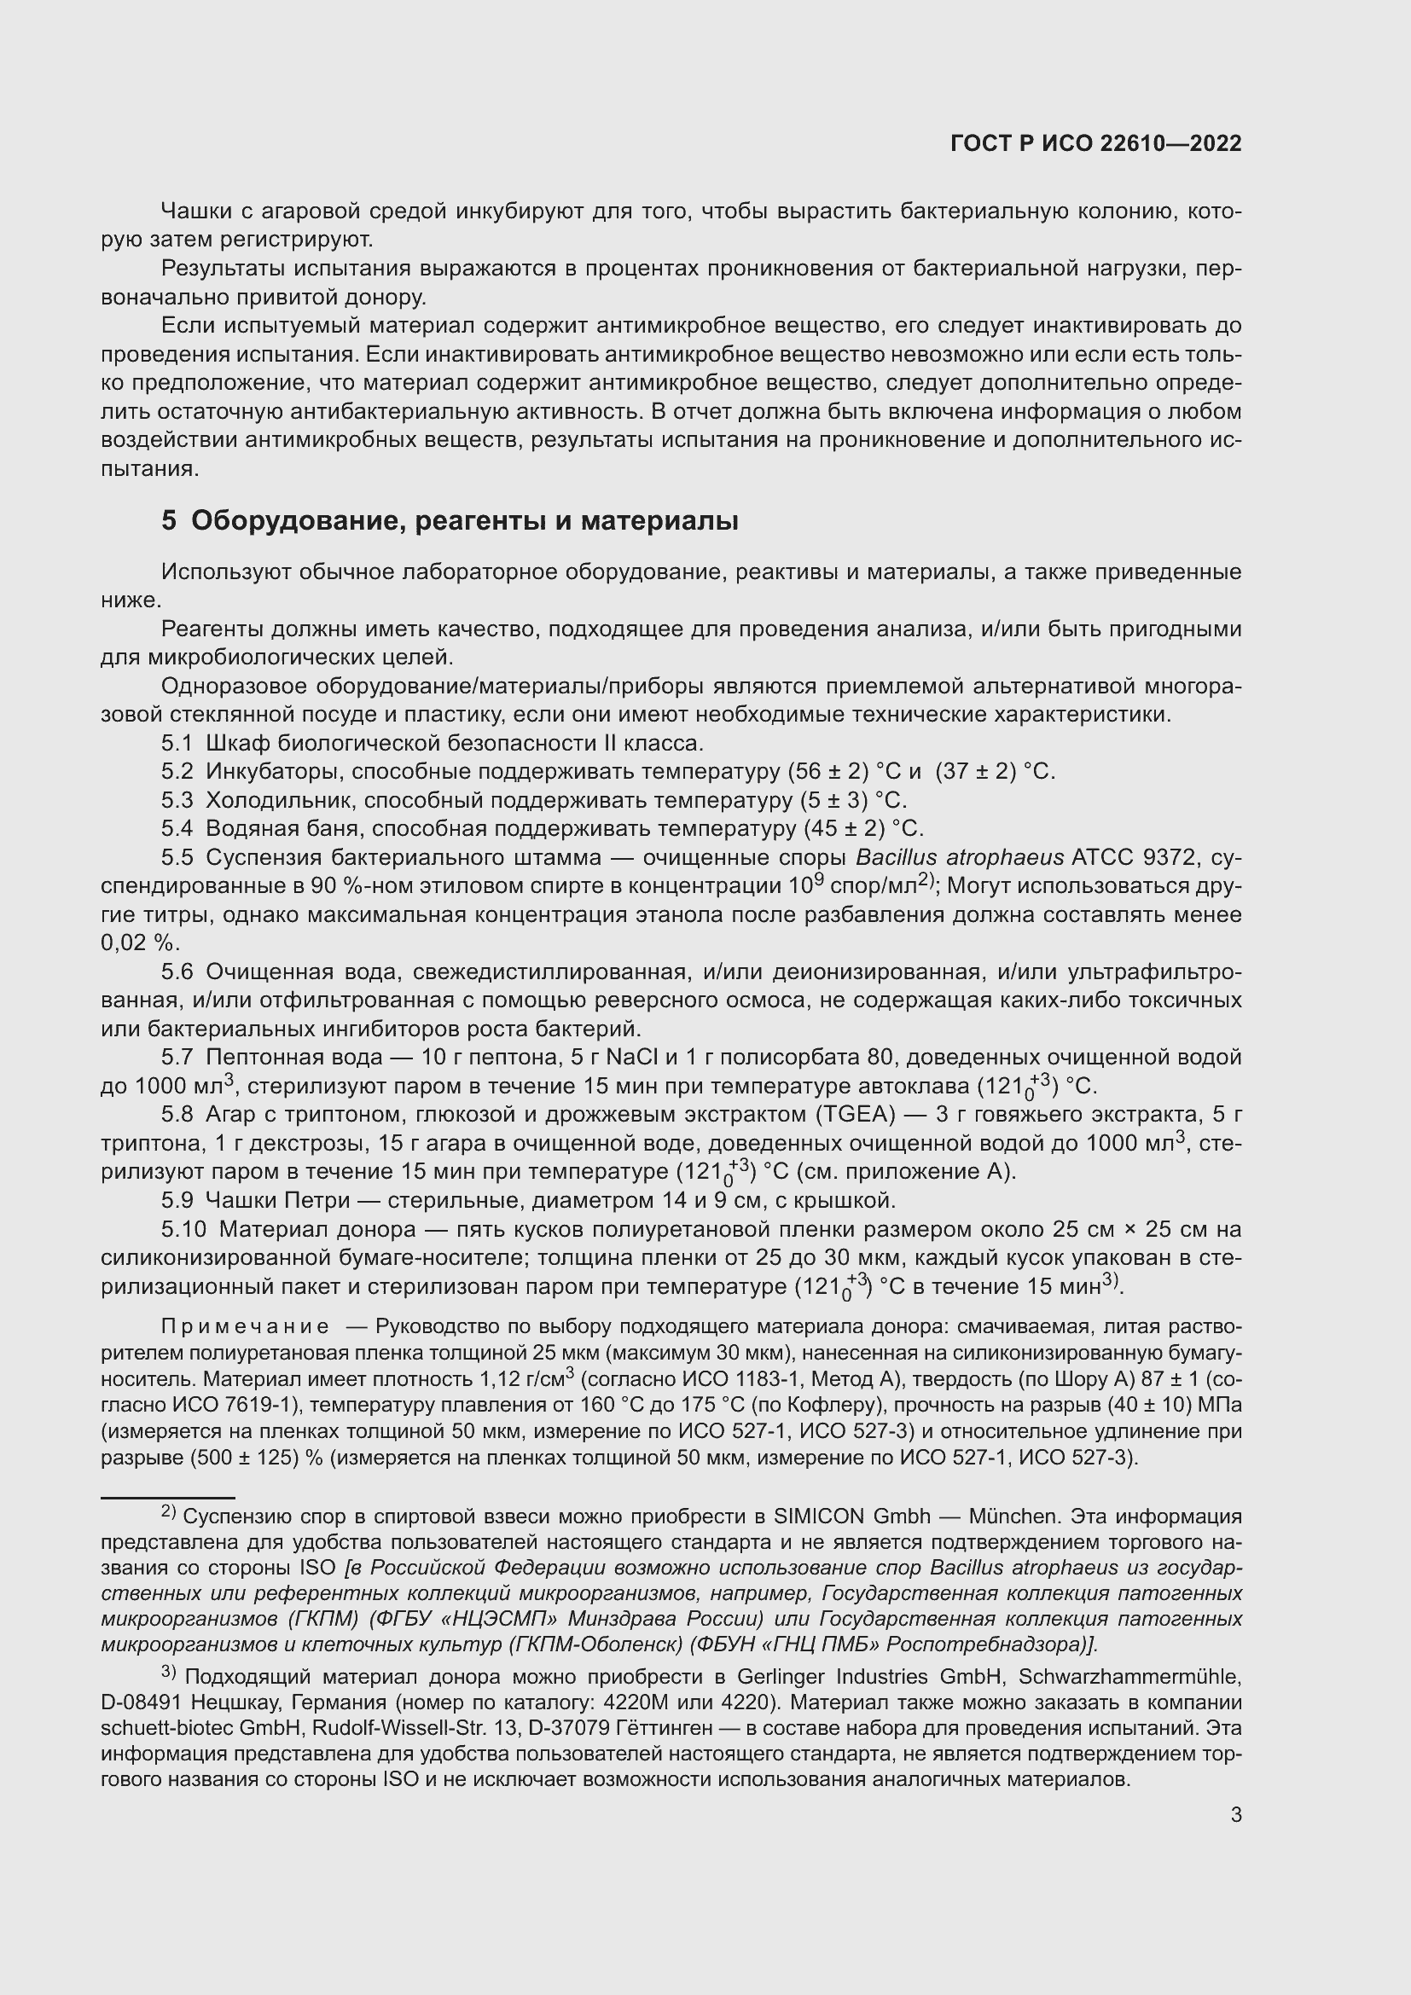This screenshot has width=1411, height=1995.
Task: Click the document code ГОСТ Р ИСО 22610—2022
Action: [x=1095, y=144]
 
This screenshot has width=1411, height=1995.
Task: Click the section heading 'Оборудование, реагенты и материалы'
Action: [x=465, y=521]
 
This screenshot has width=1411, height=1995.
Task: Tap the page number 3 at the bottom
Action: [x=1235, y=1814]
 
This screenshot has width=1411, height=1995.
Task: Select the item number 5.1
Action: [x=177, y=744]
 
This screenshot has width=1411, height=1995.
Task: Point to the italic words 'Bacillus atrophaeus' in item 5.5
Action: [x=959, y=857]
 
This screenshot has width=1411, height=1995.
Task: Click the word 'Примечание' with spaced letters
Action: [x=245, y=1326]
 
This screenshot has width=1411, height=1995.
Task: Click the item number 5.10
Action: [x=183, y=1230]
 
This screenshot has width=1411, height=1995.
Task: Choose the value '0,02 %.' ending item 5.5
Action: [x=140, y=942]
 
